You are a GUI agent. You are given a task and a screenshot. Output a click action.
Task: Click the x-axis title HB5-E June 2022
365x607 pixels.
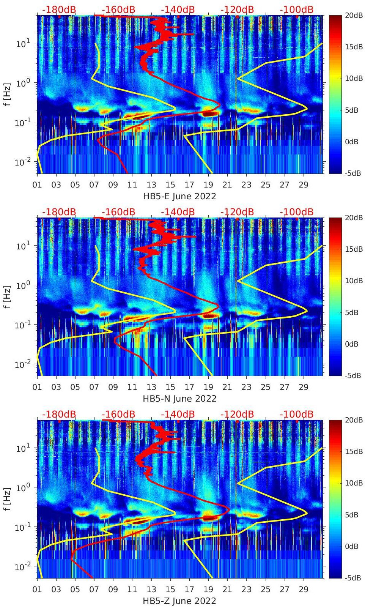point(179,196)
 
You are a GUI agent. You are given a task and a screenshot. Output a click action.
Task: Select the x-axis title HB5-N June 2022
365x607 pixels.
point(179,399)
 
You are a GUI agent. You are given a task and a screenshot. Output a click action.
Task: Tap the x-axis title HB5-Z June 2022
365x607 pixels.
point(179,601)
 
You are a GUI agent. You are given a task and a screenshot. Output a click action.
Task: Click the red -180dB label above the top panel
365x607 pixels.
point(59,9)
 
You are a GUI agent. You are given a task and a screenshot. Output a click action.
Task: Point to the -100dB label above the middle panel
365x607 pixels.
point(296,212)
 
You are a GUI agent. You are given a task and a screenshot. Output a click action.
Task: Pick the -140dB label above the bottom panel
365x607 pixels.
point(178,414)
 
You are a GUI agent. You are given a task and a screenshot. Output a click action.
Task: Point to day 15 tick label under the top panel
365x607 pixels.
point(170,185)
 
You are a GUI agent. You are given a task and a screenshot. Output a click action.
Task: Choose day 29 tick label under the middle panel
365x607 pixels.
point(303,387)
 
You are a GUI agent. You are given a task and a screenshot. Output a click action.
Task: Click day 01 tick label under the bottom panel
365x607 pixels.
point(37,590)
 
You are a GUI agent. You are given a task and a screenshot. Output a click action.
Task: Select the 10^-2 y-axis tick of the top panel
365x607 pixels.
point(21,162)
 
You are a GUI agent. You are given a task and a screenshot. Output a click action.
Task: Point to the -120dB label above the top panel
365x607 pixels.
point(237,9)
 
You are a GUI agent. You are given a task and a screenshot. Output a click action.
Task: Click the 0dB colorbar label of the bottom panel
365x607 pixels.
point(352,546)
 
